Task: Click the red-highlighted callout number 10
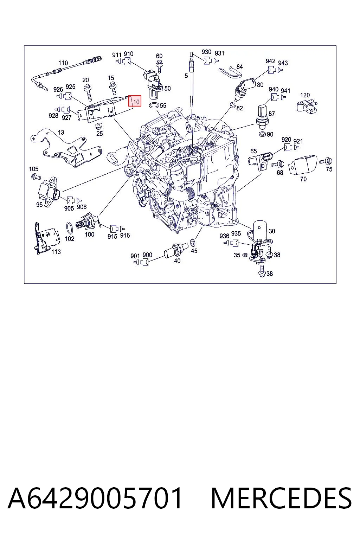136,102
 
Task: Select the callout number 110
63,63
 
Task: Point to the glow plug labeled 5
192,79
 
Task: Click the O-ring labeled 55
154,105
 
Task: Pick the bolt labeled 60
159,66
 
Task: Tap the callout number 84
239,67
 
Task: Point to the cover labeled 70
303,165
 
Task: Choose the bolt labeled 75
326,161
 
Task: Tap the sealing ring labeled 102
69,228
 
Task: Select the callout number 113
56,252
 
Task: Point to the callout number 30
272,231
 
